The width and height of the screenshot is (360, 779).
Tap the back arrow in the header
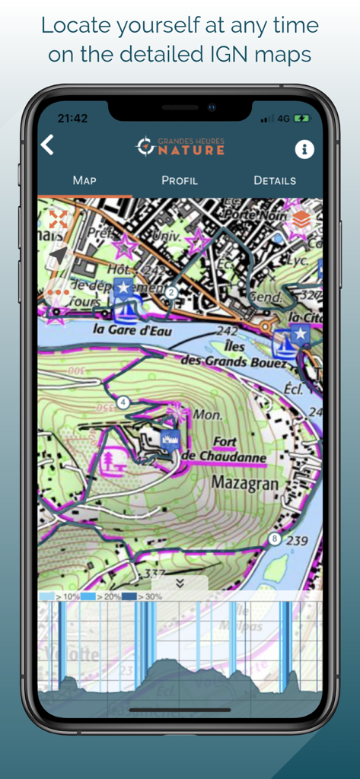(x=48, y=145)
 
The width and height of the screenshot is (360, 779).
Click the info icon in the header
(x=304, y=148)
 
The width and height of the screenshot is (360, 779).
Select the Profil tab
(x=180, y=180)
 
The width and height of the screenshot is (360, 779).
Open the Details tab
(x=275, y=180)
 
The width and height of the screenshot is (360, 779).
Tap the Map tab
(x=84, y=180)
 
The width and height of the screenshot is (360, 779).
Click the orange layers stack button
(x=301, y=220)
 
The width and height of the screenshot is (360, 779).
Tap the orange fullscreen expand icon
(x=58, y=220)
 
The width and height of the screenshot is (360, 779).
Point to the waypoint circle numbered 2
(x=171, y=292)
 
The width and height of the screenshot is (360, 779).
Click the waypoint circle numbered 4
(x=123, y=402)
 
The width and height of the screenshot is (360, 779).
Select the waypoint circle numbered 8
(x=274, y=539)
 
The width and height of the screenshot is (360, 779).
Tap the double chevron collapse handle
(x=180, y=582)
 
